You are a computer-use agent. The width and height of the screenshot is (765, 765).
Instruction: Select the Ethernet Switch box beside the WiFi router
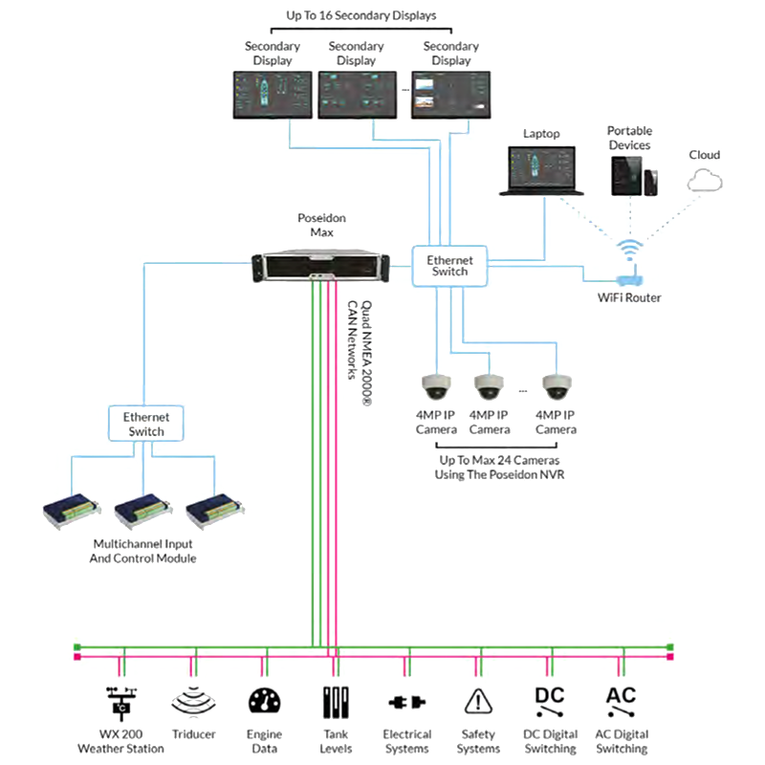[449, 265]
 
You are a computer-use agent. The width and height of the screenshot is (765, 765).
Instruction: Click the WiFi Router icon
[628, 279]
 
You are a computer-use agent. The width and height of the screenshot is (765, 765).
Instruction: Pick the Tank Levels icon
[336, 704]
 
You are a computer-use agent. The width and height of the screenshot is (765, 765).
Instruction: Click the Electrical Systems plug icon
[407, 704]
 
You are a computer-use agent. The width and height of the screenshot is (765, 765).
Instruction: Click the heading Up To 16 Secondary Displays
[356, 15]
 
